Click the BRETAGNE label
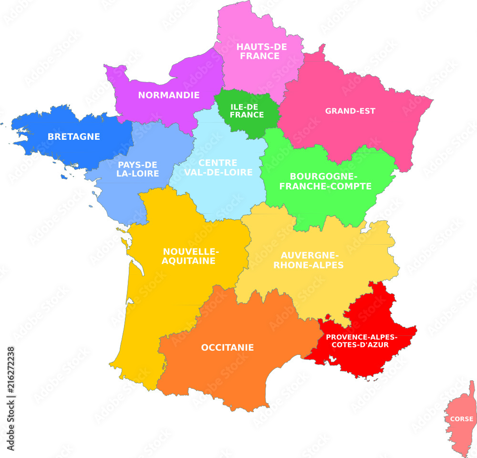click(73, 137)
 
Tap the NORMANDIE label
click(169, 95)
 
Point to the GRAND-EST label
click(350, 111)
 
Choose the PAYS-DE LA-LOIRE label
click(138, 169)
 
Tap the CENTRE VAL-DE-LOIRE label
click(218, 168)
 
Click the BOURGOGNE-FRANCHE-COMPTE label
click(325, 182)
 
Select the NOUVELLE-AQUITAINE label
click(189, 256)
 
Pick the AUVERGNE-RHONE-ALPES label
click(309, 260)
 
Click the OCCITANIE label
click(228, 348)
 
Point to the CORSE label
click(462, 419)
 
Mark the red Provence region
click(377, 315)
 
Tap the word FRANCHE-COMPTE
click(325, 187)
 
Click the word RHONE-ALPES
click(309, 265)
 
